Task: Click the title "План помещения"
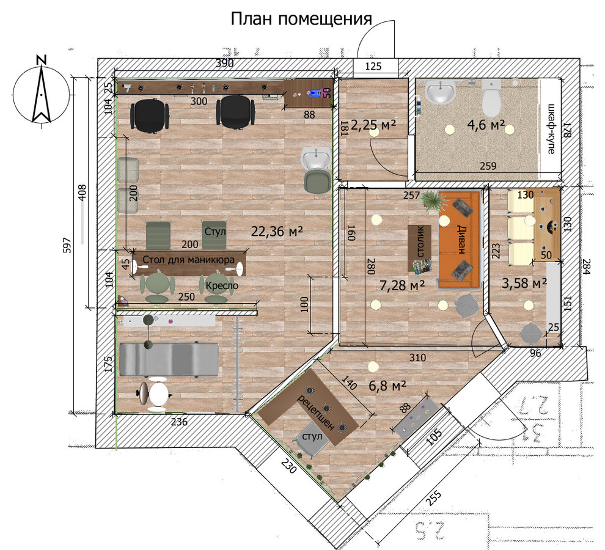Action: coord(301,19)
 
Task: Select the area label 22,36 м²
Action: coord(277,231)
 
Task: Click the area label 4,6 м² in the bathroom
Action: coord(485,126)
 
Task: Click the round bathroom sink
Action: coord(440,93)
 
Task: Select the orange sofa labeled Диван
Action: coord(458,239)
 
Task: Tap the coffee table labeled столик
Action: coord(420,248)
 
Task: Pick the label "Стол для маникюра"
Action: coord(189,260)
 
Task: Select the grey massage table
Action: coord(169,359)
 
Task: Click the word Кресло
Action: coord(221,285)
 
